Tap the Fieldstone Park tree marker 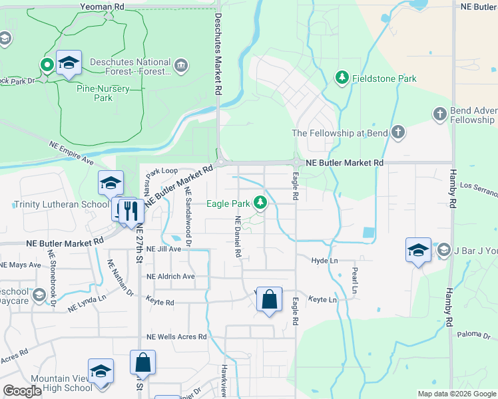[x=342, y=78]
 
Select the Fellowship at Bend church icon [x=398, y=132]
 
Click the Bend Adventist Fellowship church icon [x=439, y=115]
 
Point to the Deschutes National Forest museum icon [x=180, y=66]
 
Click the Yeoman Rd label [x=102, y=5]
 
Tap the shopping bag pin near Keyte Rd [x=269, y=300]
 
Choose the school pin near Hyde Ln [x=418, y=251]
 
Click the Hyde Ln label [x=325, y=261]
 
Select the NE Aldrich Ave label [x=170, y=276]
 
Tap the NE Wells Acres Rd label [x=176, y=337]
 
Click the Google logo [x=22, y=391]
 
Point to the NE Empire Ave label [x=71, y=152]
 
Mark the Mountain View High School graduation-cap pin [x=101, y=372]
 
